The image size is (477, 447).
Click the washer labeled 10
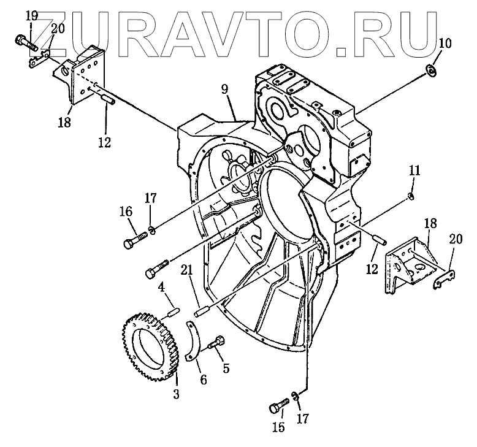tap(432, 72)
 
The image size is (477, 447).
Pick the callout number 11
tap(414, 170)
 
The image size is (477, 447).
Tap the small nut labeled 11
tap(412, 196)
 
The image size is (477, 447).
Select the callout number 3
tap(176, 395)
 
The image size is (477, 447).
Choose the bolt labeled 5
tap(216, 343)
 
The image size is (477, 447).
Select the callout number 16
tap(126, 212)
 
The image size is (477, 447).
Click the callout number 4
tap(161, 286)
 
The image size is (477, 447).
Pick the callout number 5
tap(226, 369)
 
